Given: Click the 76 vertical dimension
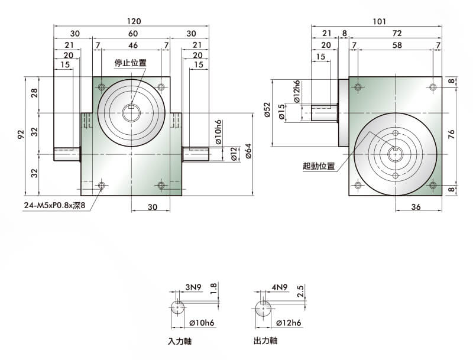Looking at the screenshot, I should point(452,134).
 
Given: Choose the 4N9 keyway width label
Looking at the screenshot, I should point(280,288).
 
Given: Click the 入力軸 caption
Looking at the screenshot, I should point(180,342).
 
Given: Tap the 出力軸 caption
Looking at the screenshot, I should point(265,341).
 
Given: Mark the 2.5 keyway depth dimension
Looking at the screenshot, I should point(300,292).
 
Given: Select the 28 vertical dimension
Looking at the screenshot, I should point(34,93).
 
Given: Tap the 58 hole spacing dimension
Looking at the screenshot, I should point(396,45).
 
